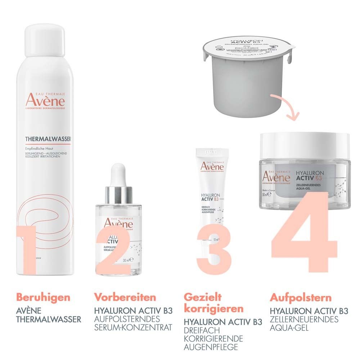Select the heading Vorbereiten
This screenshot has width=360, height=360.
coord(125,297)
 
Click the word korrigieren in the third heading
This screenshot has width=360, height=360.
coord(213,309)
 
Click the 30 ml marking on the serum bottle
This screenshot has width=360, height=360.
coord(126,259)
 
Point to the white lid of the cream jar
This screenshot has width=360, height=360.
coord(304,144)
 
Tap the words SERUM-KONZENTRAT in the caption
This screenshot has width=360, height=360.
coord(133,328)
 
